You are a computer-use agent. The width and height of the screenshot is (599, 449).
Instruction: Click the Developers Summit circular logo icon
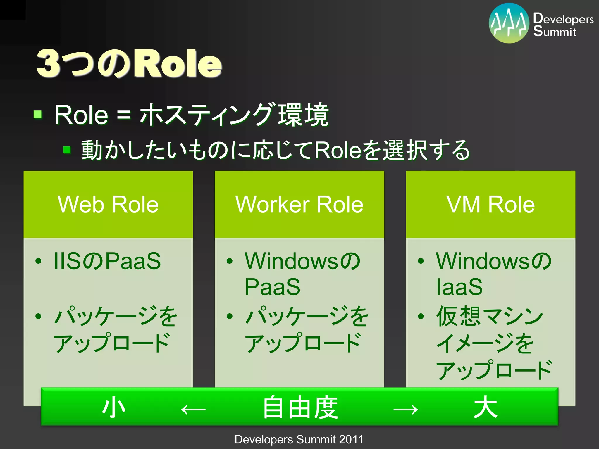coord(509,23)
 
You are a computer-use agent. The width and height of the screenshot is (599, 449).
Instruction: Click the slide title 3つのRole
coord(129,63)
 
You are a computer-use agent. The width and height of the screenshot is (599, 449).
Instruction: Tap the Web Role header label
coord(108,204)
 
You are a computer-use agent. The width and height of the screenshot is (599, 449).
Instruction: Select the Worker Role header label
coord(299,204)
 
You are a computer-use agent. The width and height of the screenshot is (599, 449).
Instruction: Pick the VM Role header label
coord(490,204)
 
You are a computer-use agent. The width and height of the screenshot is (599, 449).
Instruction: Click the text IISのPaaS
coord(107,261)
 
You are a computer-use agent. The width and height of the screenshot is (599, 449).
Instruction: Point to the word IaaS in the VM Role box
coord(459,287)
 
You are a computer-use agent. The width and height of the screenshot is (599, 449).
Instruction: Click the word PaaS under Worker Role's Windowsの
coord(272,287)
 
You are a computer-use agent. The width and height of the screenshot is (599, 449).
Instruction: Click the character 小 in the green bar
coord(114,407)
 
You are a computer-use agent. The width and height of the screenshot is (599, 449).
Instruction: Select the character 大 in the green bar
coord(485,407)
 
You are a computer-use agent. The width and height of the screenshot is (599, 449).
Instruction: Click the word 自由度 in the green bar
coord(300,407)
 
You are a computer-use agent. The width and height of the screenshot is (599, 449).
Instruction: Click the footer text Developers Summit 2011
coord(299,439)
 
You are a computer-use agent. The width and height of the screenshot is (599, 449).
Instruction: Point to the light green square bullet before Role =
coord(38,114)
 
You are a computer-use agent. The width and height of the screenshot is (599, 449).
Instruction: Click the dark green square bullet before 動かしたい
coord(67,150)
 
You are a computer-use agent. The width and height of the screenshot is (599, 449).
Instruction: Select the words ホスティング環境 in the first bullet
coord(234,115)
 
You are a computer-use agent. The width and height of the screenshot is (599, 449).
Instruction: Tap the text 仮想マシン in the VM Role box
coord(490,316)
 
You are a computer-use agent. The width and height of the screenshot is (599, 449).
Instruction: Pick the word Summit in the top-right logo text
coord(555,31)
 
